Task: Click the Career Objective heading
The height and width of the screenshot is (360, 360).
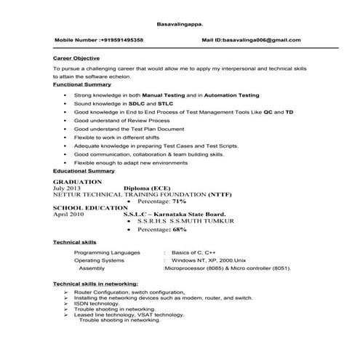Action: pyautogui.click(x=76, y=57)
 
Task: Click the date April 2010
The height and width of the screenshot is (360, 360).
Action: pyautogui.click(x=70, y=215)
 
